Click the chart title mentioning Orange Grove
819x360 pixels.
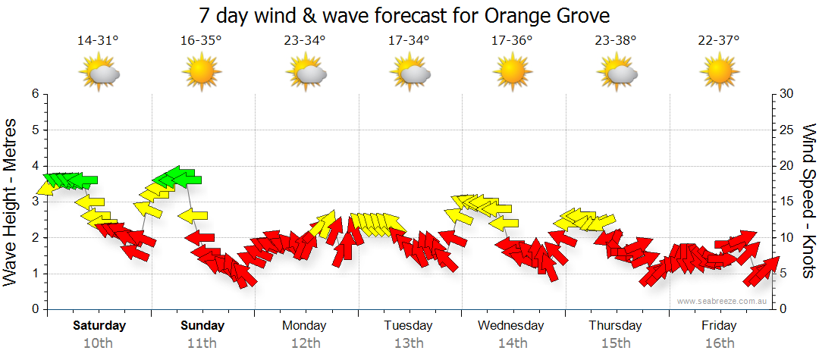point(404,16)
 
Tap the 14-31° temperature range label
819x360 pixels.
point(99,42)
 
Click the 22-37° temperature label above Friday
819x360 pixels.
point(720,42)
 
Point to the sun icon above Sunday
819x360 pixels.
point(202,73)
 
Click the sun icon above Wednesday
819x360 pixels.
point(513,73)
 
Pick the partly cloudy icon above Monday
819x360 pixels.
point(306,73)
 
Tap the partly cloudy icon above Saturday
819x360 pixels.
point(99,73)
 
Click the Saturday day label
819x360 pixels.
point(99,326)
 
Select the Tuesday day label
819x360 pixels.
point(408,326)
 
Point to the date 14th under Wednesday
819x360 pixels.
point(513,343)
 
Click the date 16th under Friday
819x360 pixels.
point(719,343)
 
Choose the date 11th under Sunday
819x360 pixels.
point(202,343)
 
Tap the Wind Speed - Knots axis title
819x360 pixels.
point(808,201)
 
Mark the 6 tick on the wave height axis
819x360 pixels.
point(34,94)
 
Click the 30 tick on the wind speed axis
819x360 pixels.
point(786,94)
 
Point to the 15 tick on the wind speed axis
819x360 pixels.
point(786,202)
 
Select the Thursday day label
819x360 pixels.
point(615,326)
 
